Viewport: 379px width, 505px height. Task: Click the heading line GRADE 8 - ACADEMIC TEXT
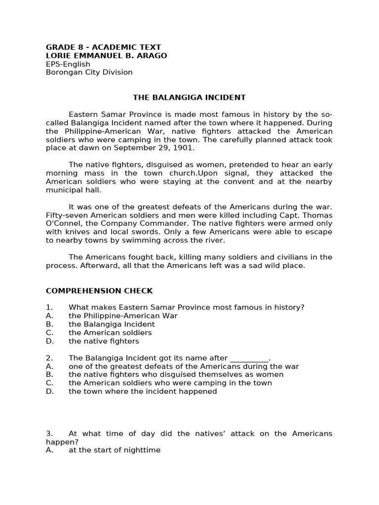point(103,47)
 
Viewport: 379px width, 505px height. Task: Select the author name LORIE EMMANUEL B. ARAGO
point(106,56)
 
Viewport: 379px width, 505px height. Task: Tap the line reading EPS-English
point(68,64)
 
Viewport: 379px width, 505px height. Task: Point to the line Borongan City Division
point(89,72)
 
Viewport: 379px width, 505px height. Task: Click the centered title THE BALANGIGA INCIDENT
point(189,98)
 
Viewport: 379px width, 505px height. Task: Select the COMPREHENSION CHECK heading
point(99,290)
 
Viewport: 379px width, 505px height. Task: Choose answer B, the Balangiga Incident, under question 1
point(112,325)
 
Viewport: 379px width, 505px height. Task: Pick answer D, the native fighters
point(104,341)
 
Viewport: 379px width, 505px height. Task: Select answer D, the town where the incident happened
point(143,392)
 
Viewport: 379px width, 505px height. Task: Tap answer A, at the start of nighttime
point(114,450)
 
